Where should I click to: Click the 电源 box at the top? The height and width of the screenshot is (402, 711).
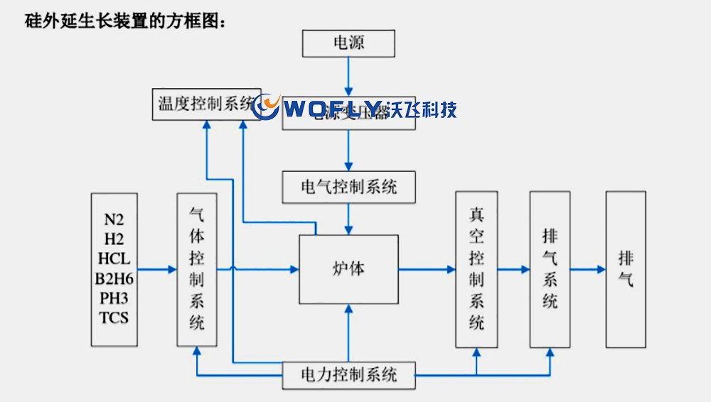(348, 43)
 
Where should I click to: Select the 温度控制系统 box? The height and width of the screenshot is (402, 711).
(203, 105)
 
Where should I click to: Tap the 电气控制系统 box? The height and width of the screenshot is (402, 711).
(348, 187)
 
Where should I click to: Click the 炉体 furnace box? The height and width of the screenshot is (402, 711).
(348, 269)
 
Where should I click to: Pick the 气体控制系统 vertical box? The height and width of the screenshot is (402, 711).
(197, 268)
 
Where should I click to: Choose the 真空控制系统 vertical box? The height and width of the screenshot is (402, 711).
(476, 269)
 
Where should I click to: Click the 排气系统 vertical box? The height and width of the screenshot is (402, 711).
(550, 269)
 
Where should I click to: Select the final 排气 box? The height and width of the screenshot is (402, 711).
(626, 269)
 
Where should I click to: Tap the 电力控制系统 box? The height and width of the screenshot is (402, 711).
(348, 374)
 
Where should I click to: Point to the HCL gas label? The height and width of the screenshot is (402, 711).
(114, 257)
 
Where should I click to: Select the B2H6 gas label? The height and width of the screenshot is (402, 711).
(114, 277)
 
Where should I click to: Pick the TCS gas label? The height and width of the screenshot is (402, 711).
(114, 317)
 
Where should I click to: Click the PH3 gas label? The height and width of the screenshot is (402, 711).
(114, 297)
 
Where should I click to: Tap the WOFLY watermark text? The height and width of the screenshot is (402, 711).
(334, 109)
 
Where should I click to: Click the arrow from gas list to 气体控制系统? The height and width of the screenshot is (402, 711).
(156, 269)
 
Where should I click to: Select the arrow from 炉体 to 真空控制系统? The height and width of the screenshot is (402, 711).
(427, 269)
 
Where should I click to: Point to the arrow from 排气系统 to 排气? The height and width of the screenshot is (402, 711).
(587, 269)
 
